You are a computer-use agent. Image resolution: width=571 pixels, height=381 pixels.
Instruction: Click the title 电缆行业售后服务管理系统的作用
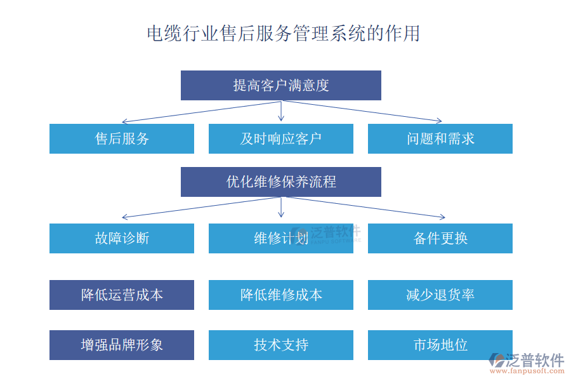click(283, 33)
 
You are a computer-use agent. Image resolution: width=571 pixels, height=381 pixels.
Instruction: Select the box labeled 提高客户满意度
click(280, 85)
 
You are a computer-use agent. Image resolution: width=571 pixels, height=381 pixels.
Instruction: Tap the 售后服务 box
click(122, 138)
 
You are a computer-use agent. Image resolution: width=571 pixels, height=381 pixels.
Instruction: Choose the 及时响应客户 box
click(280, 138)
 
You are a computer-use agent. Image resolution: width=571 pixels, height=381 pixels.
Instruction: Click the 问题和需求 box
click(440, 138)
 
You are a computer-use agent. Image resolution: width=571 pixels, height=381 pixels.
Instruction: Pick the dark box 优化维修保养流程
click(280, 182)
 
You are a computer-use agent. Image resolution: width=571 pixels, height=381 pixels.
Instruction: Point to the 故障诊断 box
click(122, 238)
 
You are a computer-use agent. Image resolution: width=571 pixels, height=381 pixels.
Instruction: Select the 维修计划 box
click(280, 238)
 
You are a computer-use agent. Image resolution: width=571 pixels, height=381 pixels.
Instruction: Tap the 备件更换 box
click(440, 238)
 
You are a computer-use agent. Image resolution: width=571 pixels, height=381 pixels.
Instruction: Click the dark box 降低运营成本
click(122, 295)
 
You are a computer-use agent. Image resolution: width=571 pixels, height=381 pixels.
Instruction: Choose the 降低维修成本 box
click(280, 295)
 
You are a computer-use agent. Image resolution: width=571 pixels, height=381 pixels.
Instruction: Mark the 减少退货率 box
click(440, 295)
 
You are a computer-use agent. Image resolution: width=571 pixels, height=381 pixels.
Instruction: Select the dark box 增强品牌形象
click(122, 345)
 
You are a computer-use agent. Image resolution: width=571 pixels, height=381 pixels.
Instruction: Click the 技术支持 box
click(280, 345)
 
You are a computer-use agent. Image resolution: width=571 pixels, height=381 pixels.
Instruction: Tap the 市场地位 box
click(440, 345)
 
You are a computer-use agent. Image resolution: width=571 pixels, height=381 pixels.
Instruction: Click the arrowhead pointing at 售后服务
click(124, 121)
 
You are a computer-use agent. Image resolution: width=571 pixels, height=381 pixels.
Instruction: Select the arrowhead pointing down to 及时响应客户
click(281, 119)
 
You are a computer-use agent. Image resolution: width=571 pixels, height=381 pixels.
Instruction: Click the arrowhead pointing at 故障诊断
click(124, 218)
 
